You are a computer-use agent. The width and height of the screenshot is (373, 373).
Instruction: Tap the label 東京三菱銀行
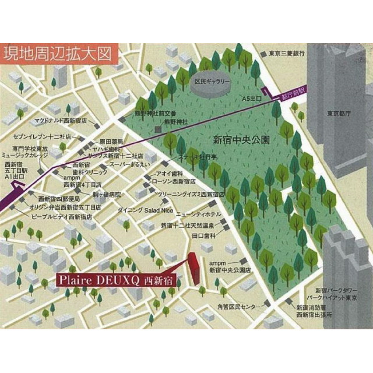point(287,53)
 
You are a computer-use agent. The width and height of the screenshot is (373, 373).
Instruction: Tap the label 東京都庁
point(339,113)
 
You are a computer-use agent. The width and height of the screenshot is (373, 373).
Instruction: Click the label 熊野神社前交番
point(156,112)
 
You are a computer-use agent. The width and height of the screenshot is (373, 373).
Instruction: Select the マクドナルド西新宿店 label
point(60,121)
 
